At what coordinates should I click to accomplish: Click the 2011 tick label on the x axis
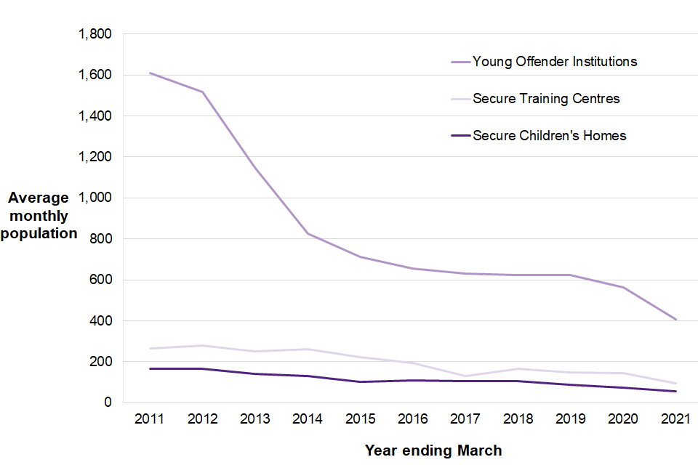(x=148, y=419)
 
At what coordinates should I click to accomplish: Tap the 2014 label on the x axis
(x=308, y=419)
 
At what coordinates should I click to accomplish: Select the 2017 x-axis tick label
(x=467, y=419)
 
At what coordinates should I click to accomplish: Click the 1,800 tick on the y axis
(x=96, y=34)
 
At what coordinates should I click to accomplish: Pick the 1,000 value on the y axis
(x=96, y=198)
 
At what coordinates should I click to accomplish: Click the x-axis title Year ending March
(x=433, y=450)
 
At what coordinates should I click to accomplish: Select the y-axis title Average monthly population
(x=42, y=216)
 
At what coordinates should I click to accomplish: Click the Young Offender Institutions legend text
(x=555, y=62)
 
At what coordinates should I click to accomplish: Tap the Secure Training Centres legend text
(x=546, y=98)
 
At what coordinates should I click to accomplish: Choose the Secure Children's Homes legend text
(x=549, y=135)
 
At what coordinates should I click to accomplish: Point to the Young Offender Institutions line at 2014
(x=308, y=233)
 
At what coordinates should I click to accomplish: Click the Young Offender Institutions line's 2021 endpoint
(x=676, y=320)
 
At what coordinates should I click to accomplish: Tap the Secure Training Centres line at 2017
(x=467, y=376)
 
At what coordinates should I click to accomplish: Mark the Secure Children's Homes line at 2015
(x=361, y=381)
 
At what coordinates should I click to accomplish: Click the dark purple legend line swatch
(x=460, y=135)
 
